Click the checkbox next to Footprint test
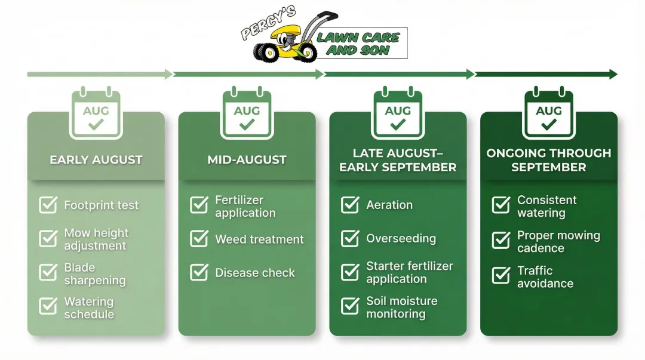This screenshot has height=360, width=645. point(48,205)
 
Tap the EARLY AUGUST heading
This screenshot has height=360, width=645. point(96,160)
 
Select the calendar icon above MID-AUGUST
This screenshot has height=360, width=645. point(247,113)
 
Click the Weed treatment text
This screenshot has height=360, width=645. point(259,239)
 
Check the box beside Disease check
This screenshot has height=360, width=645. point(199,273)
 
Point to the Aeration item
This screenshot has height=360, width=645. point(389,205)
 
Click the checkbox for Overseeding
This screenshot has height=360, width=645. point(350,238)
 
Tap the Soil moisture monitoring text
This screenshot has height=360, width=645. point(401,307)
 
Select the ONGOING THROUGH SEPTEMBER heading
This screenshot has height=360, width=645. point(548,160)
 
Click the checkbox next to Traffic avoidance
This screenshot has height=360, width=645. point(501,275)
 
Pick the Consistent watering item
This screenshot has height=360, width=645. point(546,207)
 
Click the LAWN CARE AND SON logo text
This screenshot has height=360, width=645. point(358,44)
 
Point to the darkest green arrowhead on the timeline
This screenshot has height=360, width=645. point(613,74)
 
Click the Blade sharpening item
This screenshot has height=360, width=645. point(94,274)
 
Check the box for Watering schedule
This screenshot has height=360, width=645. point(48,306)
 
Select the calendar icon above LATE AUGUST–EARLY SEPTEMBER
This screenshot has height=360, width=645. point(398,113)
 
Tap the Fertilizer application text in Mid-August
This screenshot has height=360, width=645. point(245,207)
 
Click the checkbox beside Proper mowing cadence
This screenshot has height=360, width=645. point(501,241)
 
